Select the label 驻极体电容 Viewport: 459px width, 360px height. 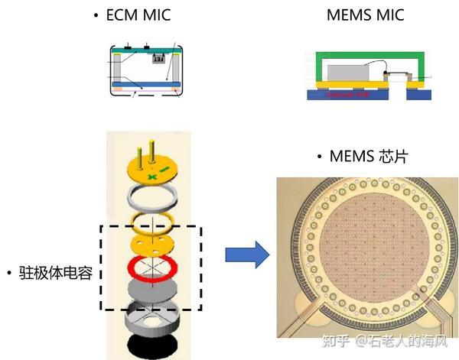[x=53, y=273]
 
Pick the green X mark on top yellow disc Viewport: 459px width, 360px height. [x=151, y=177]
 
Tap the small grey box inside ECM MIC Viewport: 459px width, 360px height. [x=157, y=58]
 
